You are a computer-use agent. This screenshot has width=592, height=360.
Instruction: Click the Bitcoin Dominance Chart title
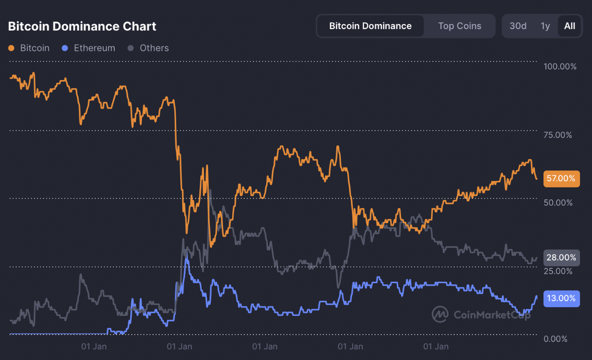(x=82, y=26)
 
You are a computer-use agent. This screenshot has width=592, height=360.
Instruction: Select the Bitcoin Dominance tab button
(x=370, y=26)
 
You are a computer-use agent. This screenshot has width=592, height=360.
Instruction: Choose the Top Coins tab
(x=459, y=26)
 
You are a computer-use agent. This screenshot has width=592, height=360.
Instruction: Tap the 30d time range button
(x=518, y=26)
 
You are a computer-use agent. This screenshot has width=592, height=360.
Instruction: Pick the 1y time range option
(x=545, y=26)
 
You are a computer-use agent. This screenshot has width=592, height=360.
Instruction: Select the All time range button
(x=569, y=26)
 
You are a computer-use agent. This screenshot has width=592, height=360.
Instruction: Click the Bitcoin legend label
(x=35, y=48)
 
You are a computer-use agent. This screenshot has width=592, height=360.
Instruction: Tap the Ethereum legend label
(x=94, y=48)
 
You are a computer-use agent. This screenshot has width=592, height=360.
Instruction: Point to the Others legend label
(x=154, y=48)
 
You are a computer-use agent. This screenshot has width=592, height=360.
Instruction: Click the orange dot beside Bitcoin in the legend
(x=12, y=48)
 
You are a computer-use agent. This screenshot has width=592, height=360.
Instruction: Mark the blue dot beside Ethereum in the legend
(x=65, y=48)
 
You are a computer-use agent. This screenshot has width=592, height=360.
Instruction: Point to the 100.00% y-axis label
(x=560, y=67)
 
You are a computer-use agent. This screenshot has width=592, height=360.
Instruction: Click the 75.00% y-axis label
(x=558, y=135)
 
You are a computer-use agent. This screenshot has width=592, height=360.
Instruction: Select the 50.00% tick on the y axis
(x=558, y=203)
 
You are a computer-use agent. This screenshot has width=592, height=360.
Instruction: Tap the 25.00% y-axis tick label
(x=558, y=271)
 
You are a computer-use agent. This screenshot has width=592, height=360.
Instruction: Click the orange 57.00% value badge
(x=561, y=178)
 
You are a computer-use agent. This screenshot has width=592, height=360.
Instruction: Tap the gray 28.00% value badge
(x=561, y=257)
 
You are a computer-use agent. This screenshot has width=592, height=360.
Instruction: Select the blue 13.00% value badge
(x=561, y=298)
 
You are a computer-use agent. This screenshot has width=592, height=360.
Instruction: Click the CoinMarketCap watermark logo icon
(x=440, y=315)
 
